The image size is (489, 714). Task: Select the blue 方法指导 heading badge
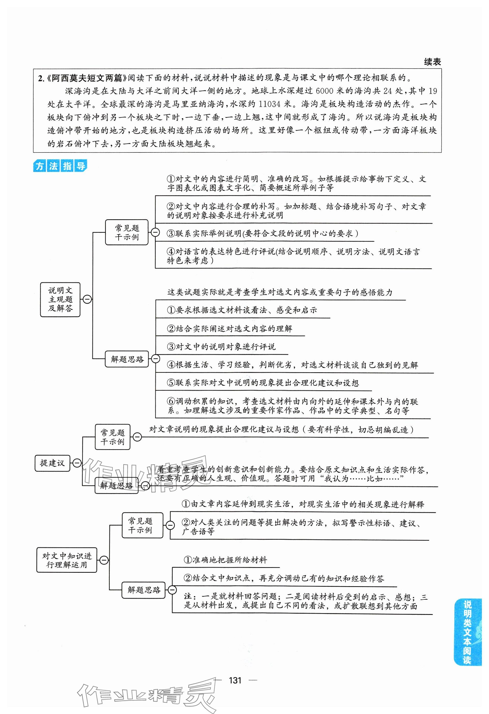(x=60, y=166)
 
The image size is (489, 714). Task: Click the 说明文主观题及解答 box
(x=60, y=299)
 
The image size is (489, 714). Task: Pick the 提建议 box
(x=52, y=463)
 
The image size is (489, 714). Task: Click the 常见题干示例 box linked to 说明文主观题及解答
(x=127, y=232)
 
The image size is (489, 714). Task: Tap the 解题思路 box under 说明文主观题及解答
(x=127, y=359)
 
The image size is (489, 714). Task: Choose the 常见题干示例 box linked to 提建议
(x=112, y=437)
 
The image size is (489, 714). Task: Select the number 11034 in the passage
(x=270, y=104)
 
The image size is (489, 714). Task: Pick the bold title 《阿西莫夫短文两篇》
(x=87, y=78)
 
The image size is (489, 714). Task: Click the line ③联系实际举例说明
(x=262, y=234)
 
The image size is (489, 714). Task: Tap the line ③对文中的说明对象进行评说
(x=221, y=347)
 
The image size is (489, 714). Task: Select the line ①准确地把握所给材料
(x=225, y=560)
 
